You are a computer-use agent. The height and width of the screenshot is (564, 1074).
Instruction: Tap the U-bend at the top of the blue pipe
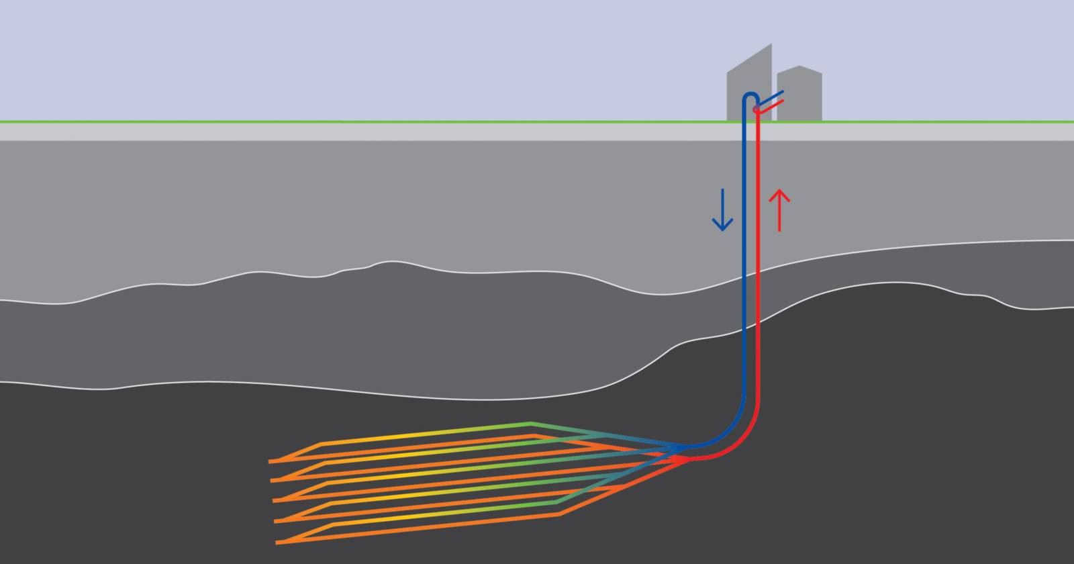[x=749, y=96]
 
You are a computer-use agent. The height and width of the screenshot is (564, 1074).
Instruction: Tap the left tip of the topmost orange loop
[x=271, y=462]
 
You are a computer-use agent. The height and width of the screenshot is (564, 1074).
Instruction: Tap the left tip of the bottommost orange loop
[x=277, y=542]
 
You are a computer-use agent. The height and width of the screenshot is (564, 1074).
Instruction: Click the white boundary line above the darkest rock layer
[x=403, y=395]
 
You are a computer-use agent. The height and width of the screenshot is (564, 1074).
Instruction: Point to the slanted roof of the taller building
[x=750, y=57]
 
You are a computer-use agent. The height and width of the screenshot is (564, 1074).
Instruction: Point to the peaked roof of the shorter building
[x=799, y=68]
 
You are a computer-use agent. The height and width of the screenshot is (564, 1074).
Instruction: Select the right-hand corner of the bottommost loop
[x=560, y=515]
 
